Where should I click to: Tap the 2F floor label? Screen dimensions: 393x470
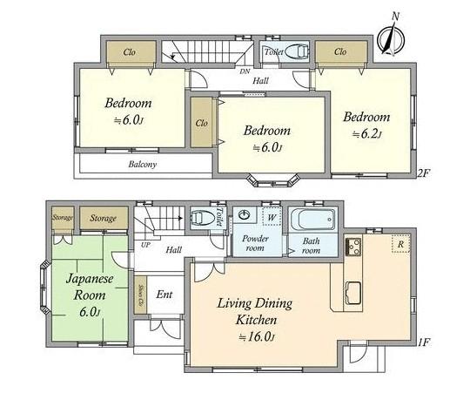click(424, 173)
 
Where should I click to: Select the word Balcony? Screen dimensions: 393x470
click(142, 164)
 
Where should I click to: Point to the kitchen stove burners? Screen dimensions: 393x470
click(352, 247)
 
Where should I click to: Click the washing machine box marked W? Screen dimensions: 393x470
click(272, 216)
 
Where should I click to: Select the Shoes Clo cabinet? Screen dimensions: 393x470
click(140, 296)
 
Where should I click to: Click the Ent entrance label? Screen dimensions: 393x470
click(164, 295)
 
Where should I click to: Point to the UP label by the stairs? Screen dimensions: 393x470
click(144, 245)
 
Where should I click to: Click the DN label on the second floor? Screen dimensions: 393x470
click(245, 71)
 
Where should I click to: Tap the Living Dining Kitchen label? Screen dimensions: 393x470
click(254, 311)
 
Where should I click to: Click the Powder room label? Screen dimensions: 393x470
click(255, 241)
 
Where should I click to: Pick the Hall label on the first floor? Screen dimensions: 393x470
click(172, 250)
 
